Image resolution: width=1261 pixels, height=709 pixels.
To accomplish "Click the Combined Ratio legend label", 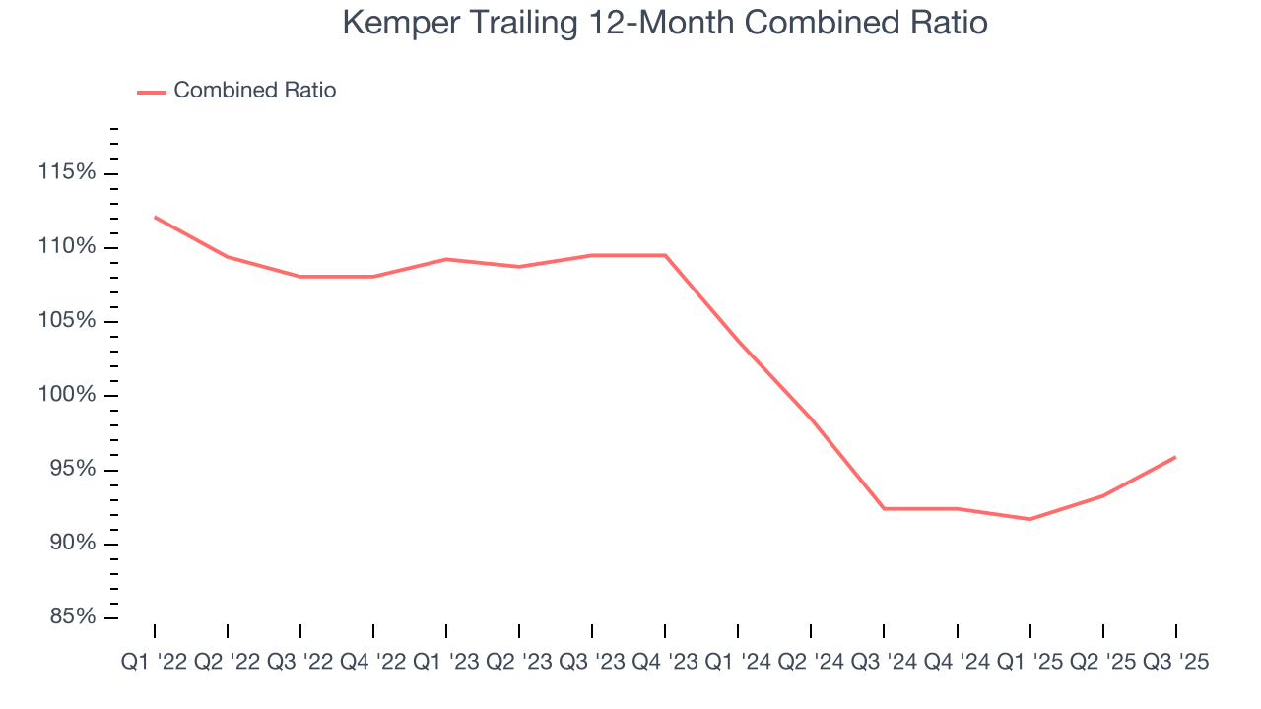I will pos(254,91).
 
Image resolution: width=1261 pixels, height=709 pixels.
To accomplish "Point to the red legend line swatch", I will pos(151,92).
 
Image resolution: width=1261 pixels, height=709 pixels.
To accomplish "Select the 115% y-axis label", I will pos(67,173).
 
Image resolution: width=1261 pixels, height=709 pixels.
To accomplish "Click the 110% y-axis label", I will pos(67,247).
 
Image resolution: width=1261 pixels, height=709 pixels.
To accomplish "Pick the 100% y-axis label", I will pos(67,395).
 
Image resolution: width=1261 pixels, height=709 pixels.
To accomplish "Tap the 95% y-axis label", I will pos(72,469).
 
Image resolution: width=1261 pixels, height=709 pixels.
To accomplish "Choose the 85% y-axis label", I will pos(72,617).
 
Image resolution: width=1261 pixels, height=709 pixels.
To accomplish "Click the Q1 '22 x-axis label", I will pos(155,663).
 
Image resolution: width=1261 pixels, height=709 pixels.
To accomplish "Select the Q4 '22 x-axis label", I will pos(373,663).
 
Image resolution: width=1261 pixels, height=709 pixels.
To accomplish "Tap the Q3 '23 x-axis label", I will pos(592,663).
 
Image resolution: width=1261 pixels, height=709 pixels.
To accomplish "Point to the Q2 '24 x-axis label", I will pos(811,663).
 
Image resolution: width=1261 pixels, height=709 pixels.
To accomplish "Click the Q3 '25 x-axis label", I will pos(1175,663).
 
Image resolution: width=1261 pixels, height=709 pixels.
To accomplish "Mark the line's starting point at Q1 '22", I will pos(155,217).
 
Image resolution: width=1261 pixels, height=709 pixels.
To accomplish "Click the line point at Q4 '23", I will pos(665,255).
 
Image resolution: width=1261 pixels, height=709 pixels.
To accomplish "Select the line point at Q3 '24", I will pos(884,508).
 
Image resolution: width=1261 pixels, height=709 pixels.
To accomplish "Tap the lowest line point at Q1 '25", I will pos(1029,519).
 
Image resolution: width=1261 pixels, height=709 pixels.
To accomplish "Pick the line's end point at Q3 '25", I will pos(1175,457).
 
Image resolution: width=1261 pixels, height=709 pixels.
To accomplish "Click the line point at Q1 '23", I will pos(446,259).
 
